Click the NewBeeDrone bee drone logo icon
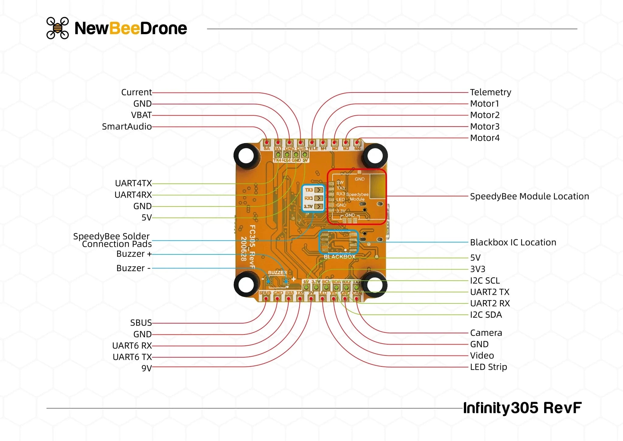pos(57,28)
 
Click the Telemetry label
pos(490,92)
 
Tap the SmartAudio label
pos(127,127)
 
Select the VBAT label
pos(141,115)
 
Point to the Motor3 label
pos(485,127)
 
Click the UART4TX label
pos(133,183)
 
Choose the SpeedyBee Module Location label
pos(529,196)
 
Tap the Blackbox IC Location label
pos(513,242)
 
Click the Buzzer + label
pos(134,254)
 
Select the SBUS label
pos(141,323)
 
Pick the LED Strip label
pos(488,367)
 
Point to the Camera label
pos(486,333)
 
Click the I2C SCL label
pos(485,280)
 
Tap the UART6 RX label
pos(132,346)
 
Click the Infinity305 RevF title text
pos(522,408)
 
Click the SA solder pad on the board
pos(267,142)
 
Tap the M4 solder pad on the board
pos(357,142)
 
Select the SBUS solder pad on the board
pos(266,299)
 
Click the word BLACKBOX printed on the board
pos(339,257)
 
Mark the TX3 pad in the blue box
pos(318,190)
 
